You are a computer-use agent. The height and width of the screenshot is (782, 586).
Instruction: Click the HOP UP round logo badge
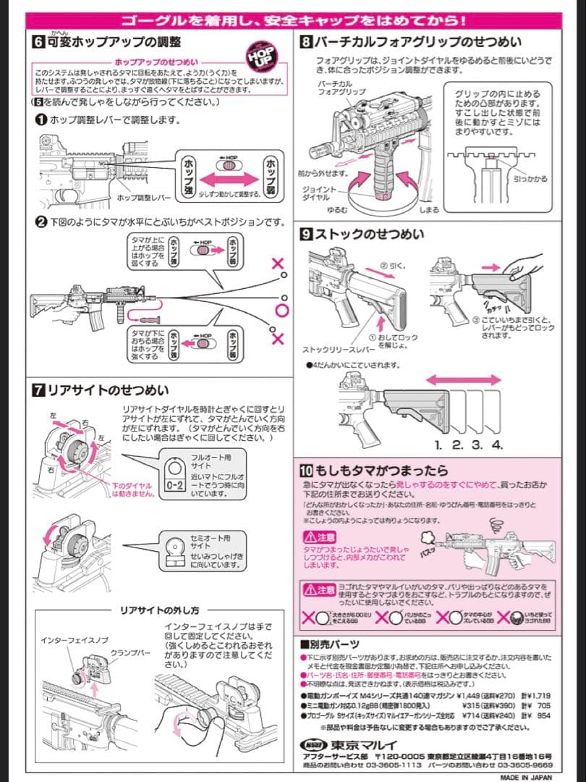pyautogui.click(x=260, y=56)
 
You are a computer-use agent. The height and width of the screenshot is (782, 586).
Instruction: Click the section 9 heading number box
pyautogui.click(x=306, y=234)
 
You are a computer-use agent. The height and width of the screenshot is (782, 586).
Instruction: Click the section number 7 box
pyautogui.click(x=38, y=390)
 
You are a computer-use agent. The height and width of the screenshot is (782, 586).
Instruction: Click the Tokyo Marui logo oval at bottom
pyautogui.click(x=313, y=745)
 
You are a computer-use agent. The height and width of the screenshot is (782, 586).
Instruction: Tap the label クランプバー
pyautogui.click(x=130, y=653)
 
